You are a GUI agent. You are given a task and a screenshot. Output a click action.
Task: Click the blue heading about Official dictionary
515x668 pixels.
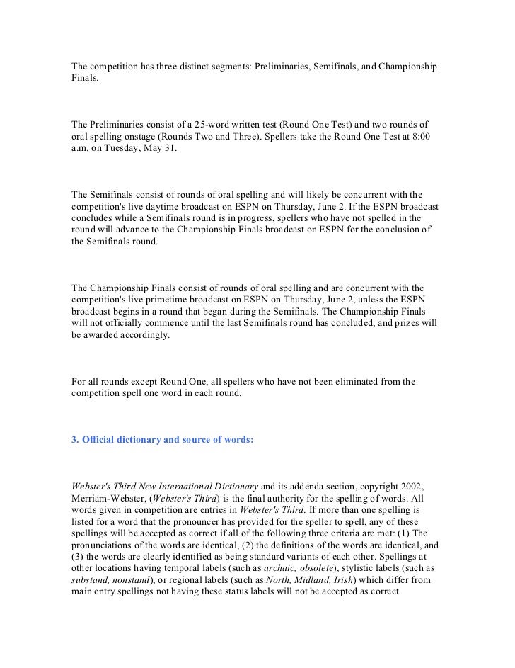162,440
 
